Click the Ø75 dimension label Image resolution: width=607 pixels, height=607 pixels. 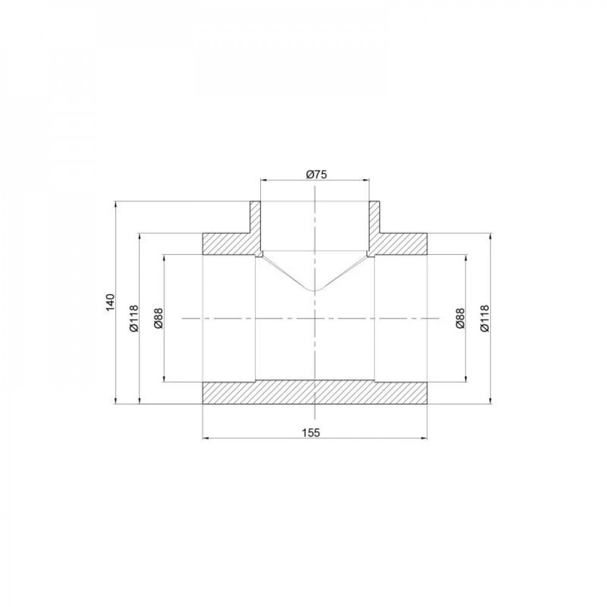[x=315, y=175]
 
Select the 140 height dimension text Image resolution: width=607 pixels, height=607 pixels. [x=110, y=302]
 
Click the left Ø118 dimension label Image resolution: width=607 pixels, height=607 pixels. [x=135, y=318]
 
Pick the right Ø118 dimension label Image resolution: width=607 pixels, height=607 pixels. [x=484, y=318]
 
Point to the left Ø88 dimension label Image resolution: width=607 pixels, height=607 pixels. [x=159, y=318]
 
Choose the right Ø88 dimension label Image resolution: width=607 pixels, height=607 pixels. [x=459, y=318]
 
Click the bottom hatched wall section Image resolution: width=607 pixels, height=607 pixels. [x=315, y=392]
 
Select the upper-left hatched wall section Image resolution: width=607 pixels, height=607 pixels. [x=228, y=243]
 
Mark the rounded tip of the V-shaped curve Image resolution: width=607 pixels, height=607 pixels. [x=314, y=290]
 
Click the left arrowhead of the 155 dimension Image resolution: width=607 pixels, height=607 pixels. [x=204, y=437]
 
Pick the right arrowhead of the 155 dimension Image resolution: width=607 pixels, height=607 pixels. [x=426, y=437]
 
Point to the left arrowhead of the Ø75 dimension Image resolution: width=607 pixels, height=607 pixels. [x=262, y=180]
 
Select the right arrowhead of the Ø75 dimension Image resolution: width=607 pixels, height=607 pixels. [x=368, y=180]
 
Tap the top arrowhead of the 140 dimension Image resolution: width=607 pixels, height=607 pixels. [x=115, y=204]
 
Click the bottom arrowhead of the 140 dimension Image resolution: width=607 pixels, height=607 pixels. [x=115, y=401]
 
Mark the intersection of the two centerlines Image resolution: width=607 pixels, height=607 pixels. [x=315, y=318]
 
